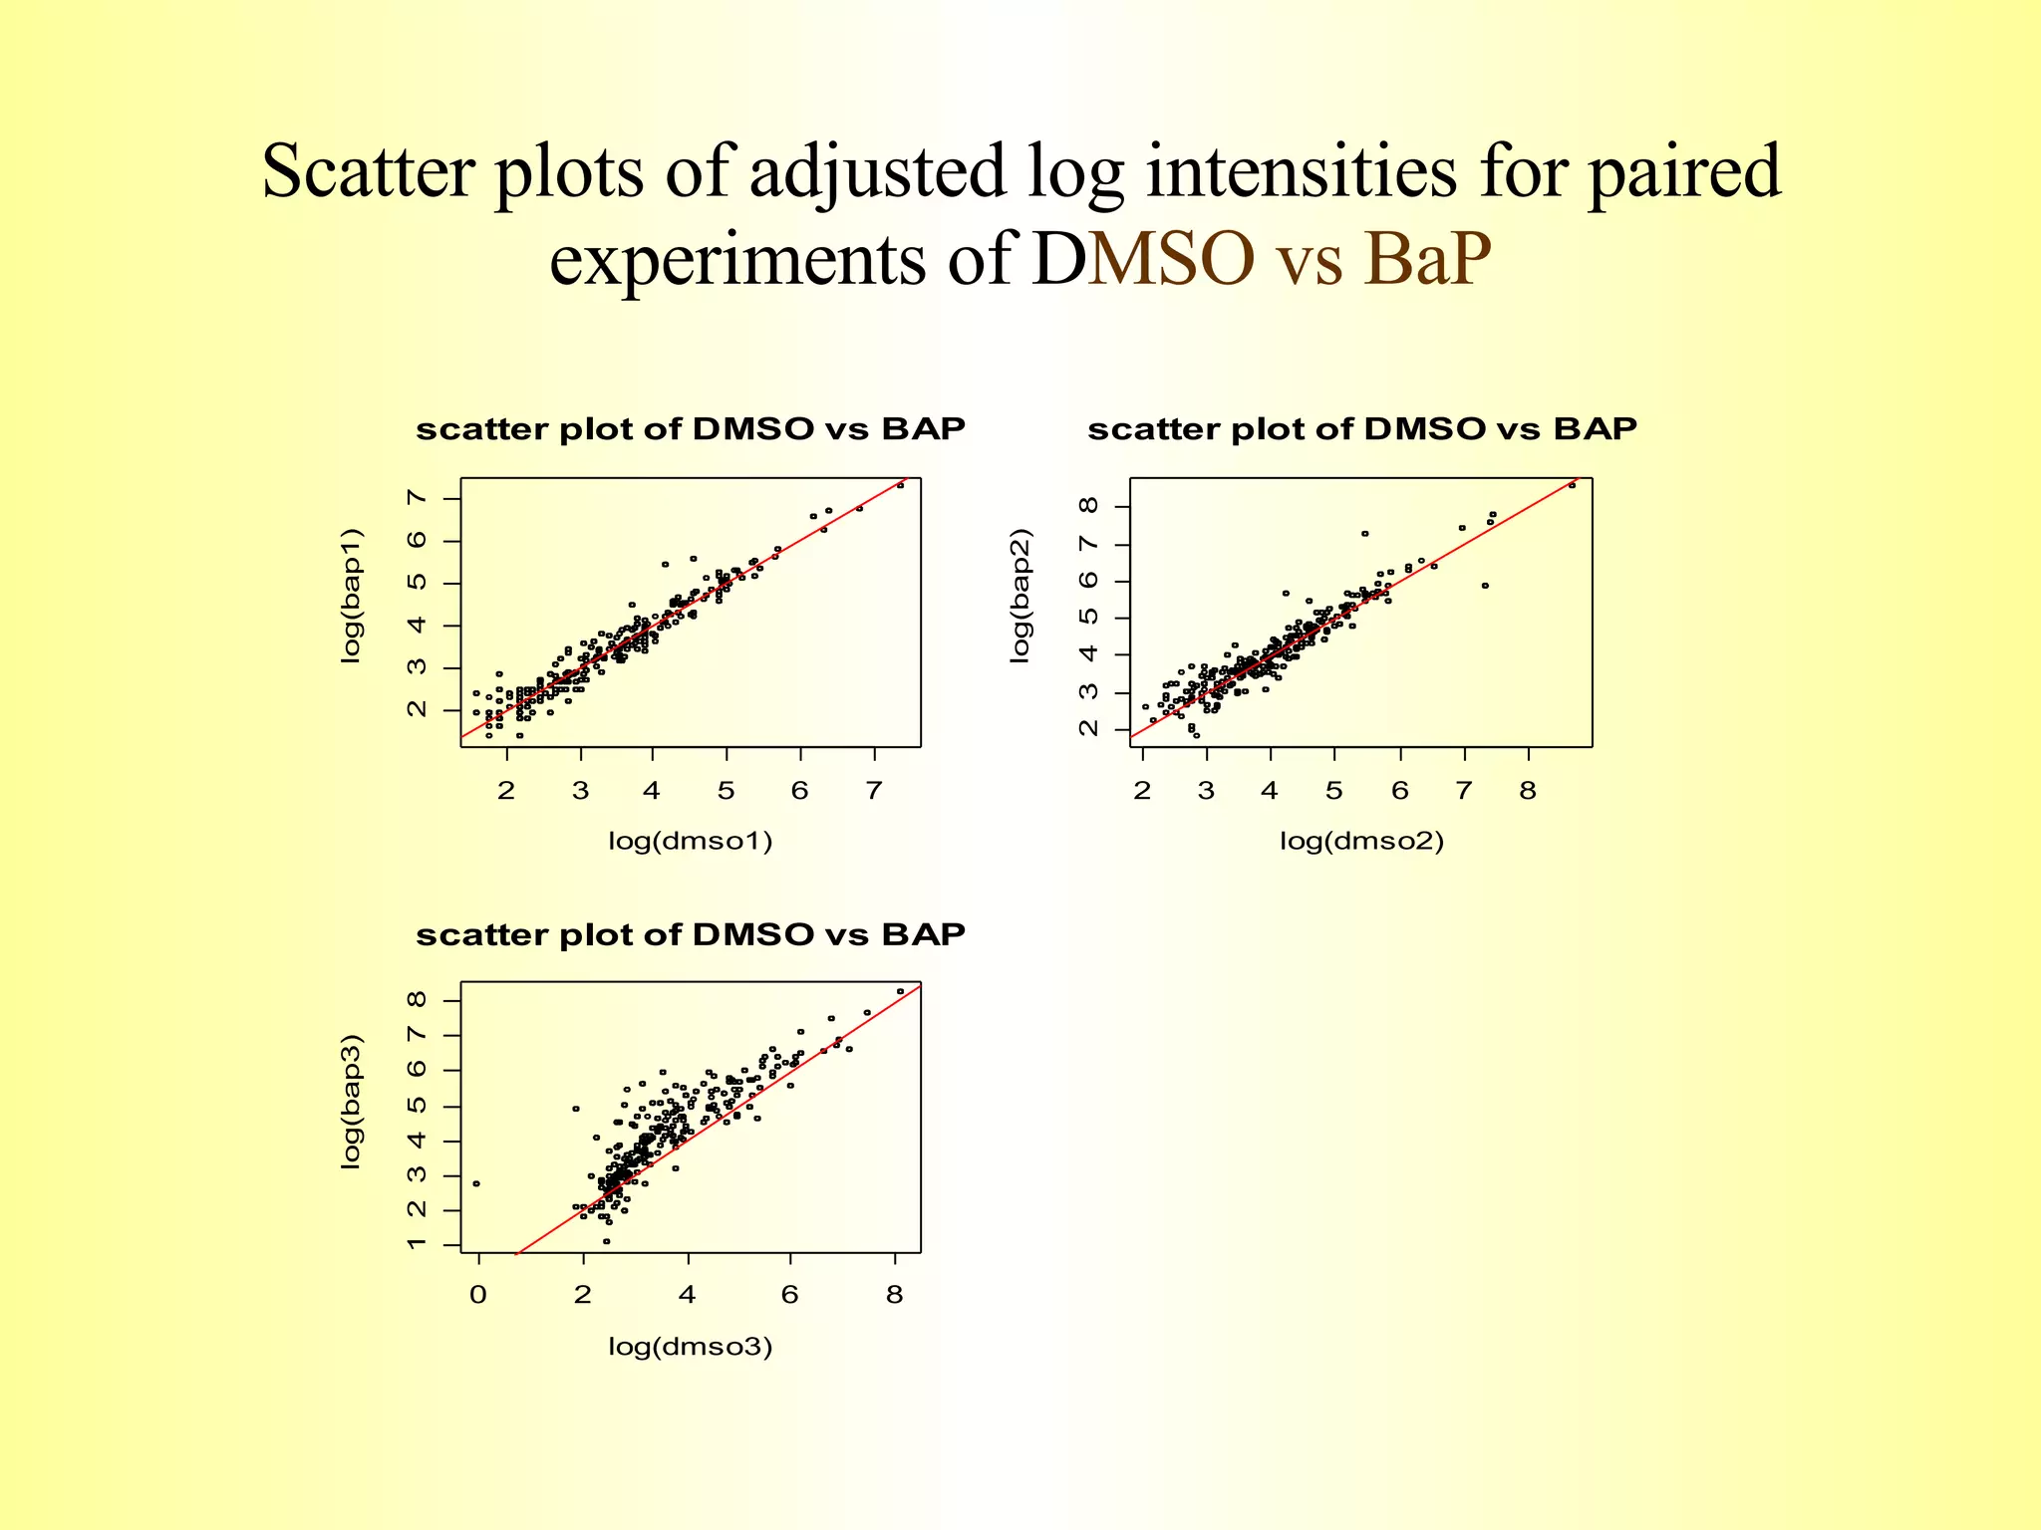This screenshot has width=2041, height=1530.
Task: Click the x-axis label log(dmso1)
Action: click(x=690, y=841)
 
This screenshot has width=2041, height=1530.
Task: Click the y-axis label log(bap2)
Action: click(x=1020, y=596)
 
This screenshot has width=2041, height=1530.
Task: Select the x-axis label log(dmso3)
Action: click(x=690, y=1347)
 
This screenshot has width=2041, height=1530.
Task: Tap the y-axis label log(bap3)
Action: click(x=351, y=1102)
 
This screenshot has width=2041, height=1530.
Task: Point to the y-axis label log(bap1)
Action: click(x=351, y=596)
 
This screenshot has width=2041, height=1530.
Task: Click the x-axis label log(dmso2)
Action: click(x=1361, y=841)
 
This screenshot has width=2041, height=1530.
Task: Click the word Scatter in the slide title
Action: click(x=369, y=171)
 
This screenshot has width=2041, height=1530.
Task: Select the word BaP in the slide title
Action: click(x=1427, y=259)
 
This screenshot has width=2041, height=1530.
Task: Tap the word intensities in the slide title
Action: click(x=1302, y=171)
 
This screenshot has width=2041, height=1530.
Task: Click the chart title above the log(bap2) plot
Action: click(x=1361, y=429)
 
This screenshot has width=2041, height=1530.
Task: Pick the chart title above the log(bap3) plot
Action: click(x=690, y=935)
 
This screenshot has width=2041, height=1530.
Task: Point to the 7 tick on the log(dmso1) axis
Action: click(x=874, y=791)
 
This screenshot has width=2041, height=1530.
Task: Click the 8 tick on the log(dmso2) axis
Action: click(x=1528, y=791)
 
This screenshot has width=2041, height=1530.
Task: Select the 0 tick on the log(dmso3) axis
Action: click(x=478, y=1296)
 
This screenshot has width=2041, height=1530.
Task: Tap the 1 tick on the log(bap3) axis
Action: click(x=418, y=1245)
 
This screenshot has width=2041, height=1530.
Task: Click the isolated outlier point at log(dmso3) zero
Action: click(x=476, y=1183)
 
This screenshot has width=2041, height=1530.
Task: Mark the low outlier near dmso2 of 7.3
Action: click(x=1485, y=586)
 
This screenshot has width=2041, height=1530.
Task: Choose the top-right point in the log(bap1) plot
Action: click(x=900, y=485)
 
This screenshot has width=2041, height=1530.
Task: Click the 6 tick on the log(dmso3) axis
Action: click(x=790, y=1296)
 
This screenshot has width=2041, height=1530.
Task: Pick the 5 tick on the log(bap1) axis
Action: click(x=418, y=582)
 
